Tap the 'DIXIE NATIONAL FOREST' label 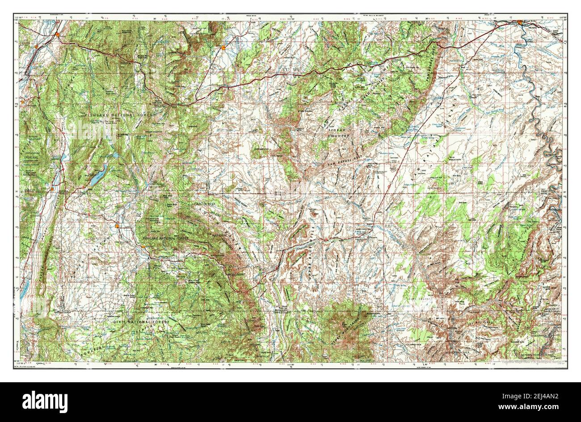(139, 322)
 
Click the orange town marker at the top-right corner (520, 22)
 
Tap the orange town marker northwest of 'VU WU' (223, 47)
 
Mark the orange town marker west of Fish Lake (53, 189)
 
